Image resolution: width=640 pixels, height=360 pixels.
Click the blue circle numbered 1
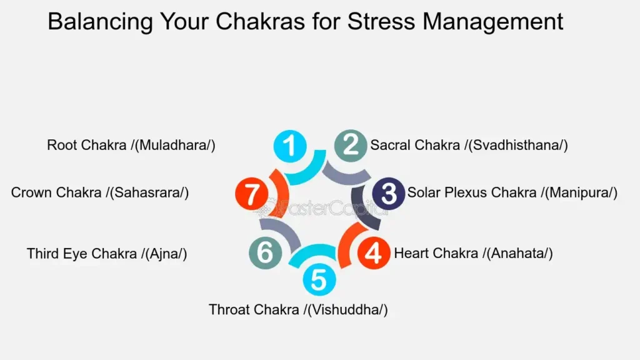tap(290, 146)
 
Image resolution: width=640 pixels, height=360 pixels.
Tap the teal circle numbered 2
tap(351, 145)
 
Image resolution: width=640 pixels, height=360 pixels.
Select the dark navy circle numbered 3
tap(388, 194)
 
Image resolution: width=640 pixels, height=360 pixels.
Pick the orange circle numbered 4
tap(374, 253)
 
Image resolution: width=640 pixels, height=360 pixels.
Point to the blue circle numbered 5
tap(319, 279)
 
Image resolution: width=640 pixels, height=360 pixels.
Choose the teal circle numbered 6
tap(265, 252)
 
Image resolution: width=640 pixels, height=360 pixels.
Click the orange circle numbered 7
tap(251, 194)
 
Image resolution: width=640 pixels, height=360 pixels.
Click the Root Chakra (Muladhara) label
tap(131, 145)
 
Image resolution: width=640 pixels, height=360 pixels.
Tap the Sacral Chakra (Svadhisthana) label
tap(469, 145)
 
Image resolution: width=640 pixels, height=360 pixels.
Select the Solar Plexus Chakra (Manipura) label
tap(512, 192)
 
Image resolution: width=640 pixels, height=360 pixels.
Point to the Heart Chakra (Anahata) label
tap(474, 253)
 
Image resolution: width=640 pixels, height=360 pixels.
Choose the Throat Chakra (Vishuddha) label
tap(298, 309)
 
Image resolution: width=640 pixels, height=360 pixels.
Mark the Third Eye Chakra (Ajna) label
tap(107, 254)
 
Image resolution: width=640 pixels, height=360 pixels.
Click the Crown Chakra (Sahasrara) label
tap(100, 192)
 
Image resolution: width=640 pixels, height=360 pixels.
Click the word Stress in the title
tap(381, 21)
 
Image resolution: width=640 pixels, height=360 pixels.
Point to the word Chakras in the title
tap(260, 21)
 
